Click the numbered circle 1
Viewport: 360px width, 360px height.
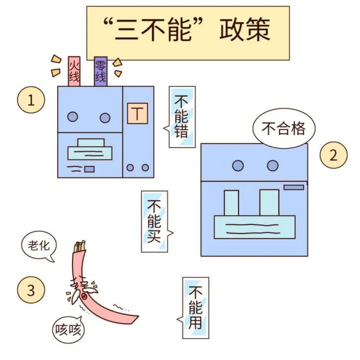(31, 101)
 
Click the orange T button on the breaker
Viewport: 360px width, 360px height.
(138, 114)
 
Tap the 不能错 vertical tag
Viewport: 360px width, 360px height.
(182, 117)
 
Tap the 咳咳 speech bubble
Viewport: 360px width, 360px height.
(68, 329)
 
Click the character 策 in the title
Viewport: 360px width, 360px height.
(257, 30)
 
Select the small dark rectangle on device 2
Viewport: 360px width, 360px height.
(293, 187)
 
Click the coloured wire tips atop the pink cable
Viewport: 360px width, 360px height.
(80, 245)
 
